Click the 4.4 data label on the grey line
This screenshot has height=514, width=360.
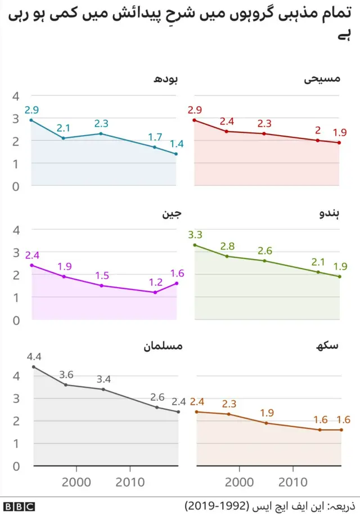tap(34, 356)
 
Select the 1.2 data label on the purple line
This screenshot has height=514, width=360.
tap(155, 281)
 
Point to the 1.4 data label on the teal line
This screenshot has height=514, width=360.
tap(177, 143)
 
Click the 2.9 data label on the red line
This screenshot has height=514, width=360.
tap(195, 109)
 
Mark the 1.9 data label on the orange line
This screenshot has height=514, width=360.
tap(267, 413)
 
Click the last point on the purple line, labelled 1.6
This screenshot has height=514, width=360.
tap(177, 283)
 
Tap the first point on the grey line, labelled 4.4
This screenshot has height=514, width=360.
tap(34, 367)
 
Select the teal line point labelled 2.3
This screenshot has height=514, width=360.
tap(101, 133)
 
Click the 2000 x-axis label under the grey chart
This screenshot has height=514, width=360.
tap(76, 482)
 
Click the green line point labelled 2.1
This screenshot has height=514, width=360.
tap(318, 272)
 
